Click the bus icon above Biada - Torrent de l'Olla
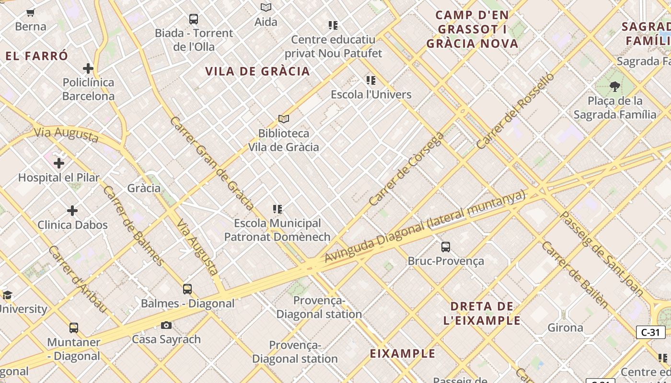[x=193, y=19]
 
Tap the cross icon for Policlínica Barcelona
[x=88, y=68]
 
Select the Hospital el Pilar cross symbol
[x=59, y=163]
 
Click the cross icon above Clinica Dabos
[x=72, y=210]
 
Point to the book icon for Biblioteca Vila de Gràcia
[x=284, y=119]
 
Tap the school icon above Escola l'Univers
[x=370, y=80]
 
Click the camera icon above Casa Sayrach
[x=166, y=325]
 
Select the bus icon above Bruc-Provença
[x=446, y=247]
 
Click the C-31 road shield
[x=650, y=332]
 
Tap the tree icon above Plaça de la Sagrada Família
[x=614, y=87]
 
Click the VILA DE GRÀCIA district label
[x=257, y=71]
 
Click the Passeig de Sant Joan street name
[x=602, y=253]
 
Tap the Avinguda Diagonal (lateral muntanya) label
[x=425, y=226]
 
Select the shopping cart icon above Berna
[x=31, y=12]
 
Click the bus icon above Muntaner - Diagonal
[x=73, y=328]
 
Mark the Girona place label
[x=565, y=328]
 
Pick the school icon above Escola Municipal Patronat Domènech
[x=277, y=209]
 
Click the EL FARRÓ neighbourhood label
[x=37, y=56]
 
